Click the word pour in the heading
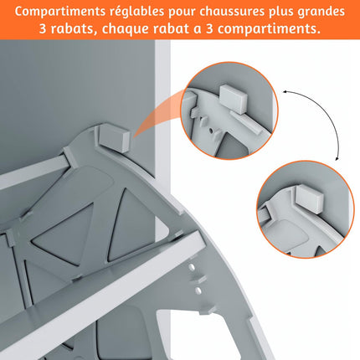[193, 12]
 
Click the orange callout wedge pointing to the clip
[159, 117]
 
